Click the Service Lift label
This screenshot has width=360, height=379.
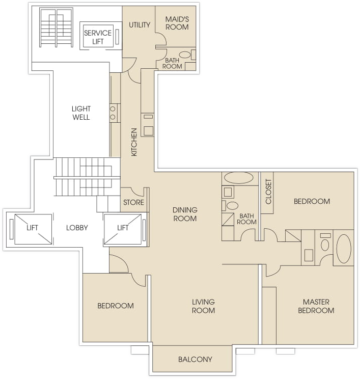98,37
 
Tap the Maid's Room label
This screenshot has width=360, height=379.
177,23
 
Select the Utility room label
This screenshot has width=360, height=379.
140,24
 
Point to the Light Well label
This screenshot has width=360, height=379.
81,113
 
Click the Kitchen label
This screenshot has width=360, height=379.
134,142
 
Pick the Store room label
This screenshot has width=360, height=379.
133,202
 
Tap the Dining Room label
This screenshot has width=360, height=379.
185,214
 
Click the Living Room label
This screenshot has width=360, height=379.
203,306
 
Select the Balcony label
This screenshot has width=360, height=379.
195,360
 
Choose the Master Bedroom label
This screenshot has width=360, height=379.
316,306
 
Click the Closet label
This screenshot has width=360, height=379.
268,192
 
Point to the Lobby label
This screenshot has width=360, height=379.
77,228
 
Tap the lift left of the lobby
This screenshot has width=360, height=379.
33,229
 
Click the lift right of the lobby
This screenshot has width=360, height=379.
123,229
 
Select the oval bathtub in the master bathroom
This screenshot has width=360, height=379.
344,249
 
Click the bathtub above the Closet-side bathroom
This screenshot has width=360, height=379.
239,178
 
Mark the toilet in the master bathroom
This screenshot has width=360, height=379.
325,245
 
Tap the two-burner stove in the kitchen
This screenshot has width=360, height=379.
113,113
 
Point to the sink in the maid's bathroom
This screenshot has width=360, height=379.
185,55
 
